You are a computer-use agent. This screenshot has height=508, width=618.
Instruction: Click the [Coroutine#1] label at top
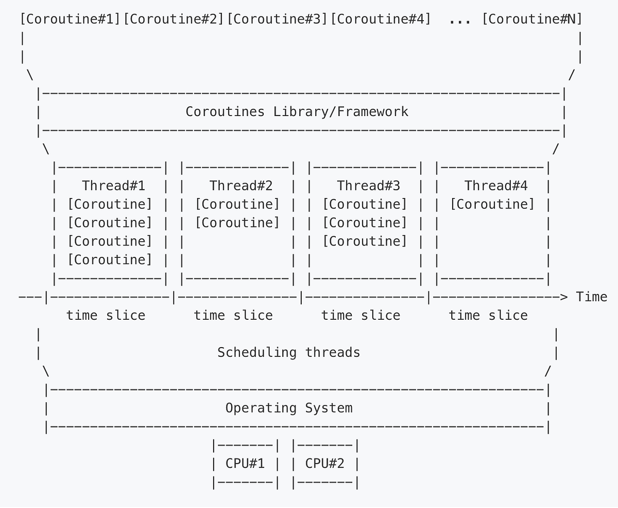tap(71, 20)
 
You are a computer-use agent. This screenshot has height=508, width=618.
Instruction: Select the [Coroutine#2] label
tap(174, 20)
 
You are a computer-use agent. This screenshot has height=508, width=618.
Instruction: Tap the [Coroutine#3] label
tap(277, 20)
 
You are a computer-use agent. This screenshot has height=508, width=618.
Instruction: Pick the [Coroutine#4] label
tap(381, 20)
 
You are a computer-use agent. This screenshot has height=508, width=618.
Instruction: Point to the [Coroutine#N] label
tap(532, 20)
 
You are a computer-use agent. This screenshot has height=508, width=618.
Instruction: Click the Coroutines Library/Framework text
tap(297, 112)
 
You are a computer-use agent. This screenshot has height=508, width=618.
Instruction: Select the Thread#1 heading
tap(114, 186)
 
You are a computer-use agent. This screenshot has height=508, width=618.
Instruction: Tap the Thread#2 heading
tap(241, 186)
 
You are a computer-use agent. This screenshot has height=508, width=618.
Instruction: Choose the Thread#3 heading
tap(368, 186)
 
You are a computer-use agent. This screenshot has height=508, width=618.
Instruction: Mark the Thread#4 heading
tap(496, 186)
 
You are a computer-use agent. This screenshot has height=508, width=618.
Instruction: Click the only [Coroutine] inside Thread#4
tap(492, 204)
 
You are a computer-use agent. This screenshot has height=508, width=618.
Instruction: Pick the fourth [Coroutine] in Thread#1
tap(110, 260)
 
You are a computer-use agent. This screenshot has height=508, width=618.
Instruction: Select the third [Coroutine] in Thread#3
tap(365, 241)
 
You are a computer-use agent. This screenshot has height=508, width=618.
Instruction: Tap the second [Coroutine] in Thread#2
tap(237, 223)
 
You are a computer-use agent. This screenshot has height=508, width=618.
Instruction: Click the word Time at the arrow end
tap(591, 297)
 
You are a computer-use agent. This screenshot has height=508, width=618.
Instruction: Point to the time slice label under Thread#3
tap(360, 316)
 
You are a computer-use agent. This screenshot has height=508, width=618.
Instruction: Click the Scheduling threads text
tap(288, 353)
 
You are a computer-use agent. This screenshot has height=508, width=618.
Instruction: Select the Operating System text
tap(289, 408)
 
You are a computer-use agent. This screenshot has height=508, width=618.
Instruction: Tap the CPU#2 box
tap(324, 464)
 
